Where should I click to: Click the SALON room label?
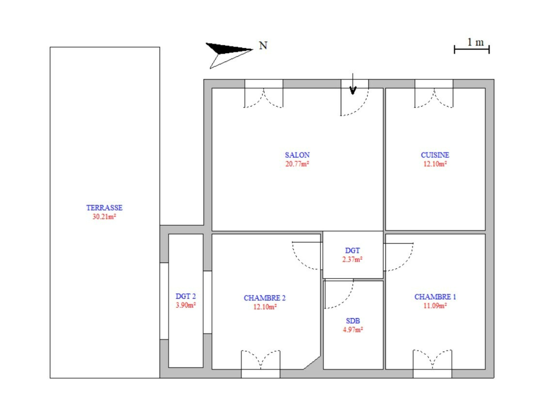(x=297, y=155)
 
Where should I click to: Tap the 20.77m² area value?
(x=297, y=164)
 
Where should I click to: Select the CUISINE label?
(x=435, y=155)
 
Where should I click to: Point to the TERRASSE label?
(x=104, y=207)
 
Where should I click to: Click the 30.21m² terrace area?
(x=104, y=217)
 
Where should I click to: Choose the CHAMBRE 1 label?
(x=435, y=297)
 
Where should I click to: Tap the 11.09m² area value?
(x=435, y=306)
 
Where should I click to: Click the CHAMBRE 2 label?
(x=265, y=298)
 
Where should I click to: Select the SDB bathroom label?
(x=353, y=321)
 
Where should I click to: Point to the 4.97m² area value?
(x=353, y=330)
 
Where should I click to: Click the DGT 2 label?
(x=186, y=296)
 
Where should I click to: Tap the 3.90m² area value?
(x=186, y=305)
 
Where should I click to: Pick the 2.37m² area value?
(x=352, y=259)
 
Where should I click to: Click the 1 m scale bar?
(x=472, y=49)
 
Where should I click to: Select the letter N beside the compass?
(x=263, y=46)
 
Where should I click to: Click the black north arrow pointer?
(x=228, y=49)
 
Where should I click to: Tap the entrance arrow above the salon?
(x=353, y=84)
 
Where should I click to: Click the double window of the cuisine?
(x=434, y=93)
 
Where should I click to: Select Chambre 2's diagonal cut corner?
(x=312, y=363)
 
